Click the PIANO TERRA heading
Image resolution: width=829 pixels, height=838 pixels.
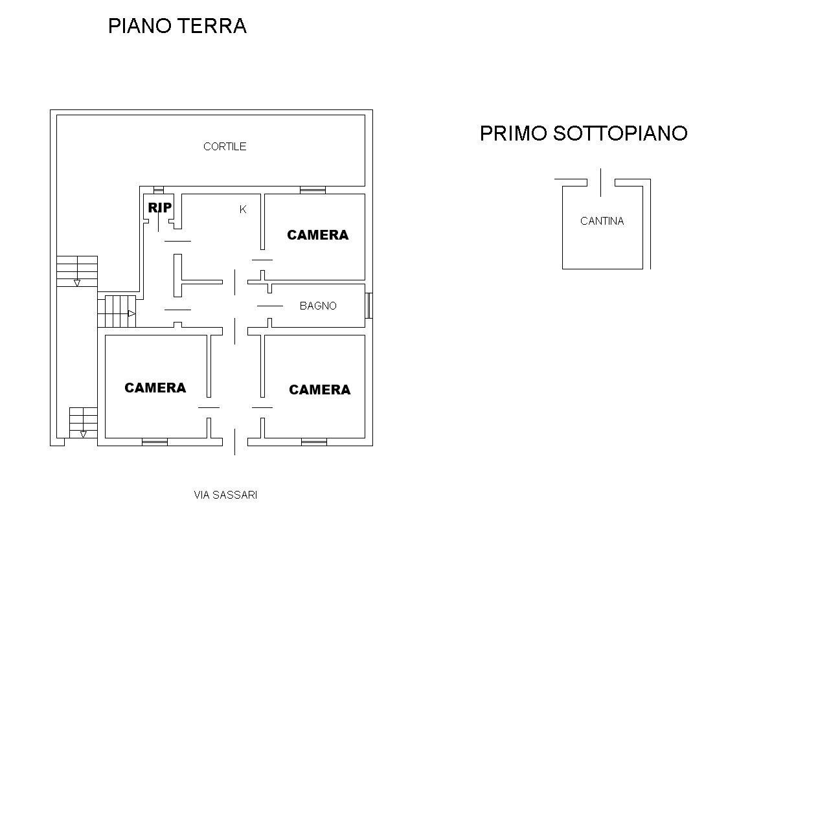177,26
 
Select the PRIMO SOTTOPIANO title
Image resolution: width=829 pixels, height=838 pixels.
583,133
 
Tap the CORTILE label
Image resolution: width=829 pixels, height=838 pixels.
225,146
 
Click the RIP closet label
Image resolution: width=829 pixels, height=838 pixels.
159,207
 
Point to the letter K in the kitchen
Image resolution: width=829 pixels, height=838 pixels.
243,209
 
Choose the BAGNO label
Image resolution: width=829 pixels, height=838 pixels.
318,306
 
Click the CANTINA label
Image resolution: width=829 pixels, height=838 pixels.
602,221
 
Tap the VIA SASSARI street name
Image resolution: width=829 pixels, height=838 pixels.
225,495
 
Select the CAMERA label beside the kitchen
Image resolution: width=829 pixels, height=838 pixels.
317,235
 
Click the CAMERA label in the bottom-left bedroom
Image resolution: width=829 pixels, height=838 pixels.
155,387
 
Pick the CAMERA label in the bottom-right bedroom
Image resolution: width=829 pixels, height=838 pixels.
319,389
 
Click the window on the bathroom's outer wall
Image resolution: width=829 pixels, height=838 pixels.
369,306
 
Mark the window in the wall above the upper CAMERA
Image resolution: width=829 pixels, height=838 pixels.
313,190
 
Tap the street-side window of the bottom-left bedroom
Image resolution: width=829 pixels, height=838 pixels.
155,442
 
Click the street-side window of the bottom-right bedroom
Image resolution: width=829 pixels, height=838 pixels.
314,442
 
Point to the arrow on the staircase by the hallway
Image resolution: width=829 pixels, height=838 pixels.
131,313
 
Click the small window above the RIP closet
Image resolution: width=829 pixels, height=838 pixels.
159,190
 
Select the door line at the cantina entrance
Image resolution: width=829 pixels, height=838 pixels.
601,182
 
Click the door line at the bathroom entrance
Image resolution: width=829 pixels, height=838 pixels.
269,306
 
